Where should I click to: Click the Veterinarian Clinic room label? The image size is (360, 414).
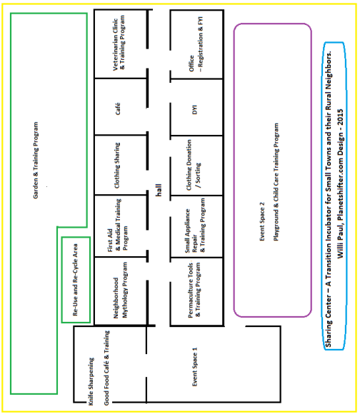tap(119, 43)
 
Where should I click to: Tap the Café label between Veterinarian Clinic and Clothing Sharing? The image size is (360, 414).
tap(118, 108)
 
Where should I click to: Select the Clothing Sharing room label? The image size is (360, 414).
tap(117, 166)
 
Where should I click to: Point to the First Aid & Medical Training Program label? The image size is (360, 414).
tap(118, 225)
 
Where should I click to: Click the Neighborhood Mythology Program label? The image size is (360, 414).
tap(120, 290)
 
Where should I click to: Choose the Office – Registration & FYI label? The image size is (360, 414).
tap(196, 44)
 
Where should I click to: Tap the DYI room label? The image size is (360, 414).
tap(195, 110)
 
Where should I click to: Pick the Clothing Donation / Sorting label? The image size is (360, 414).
tap(194, 165)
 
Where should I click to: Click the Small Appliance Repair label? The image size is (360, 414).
tap(195, 226)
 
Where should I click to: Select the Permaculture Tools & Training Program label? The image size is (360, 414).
tap(194, 290)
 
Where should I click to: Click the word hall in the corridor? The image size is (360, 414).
tap(159, 190)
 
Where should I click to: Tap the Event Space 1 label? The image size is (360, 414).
tap(195, 367)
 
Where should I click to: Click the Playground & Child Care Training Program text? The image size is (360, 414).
tap(276, 182)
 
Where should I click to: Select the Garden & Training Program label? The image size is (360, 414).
tap(36, 161)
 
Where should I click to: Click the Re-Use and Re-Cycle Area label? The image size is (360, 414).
tap(75, 280)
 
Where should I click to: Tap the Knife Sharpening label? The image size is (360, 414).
tap(91, 381)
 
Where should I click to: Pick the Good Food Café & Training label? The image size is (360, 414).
tap(106, 368)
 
